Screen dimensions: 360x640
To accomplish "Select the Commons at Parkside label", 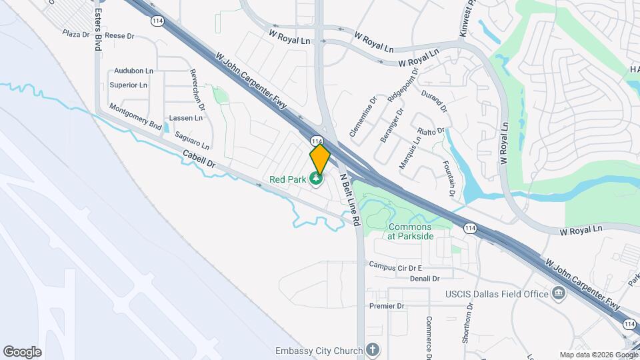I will [x=411, y=231].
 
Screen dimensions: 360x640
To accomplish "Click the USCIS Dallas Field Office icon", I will [x=558, y=294].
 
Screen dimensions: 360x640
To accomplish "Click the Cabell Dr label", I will [x=199, y=158].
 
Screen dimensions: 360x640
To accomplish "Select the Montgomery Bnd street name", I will [x=135, y=116].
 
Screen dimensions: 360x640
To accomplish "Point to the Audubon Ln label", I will [x=133, y=71].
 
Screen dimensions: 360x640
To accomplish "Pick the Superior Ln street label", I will [x=128, y=85].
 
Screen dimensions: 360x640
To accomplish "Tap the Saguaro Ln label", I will [x=192, y=139].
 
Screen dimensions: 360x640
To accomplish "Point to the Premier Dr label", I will [x=387, y=306].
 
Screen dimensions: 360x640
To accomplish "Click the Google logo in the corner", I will [x=22, y=352].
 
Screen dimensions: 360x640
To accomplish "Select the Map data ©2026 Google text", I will [x=598, y=355].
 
